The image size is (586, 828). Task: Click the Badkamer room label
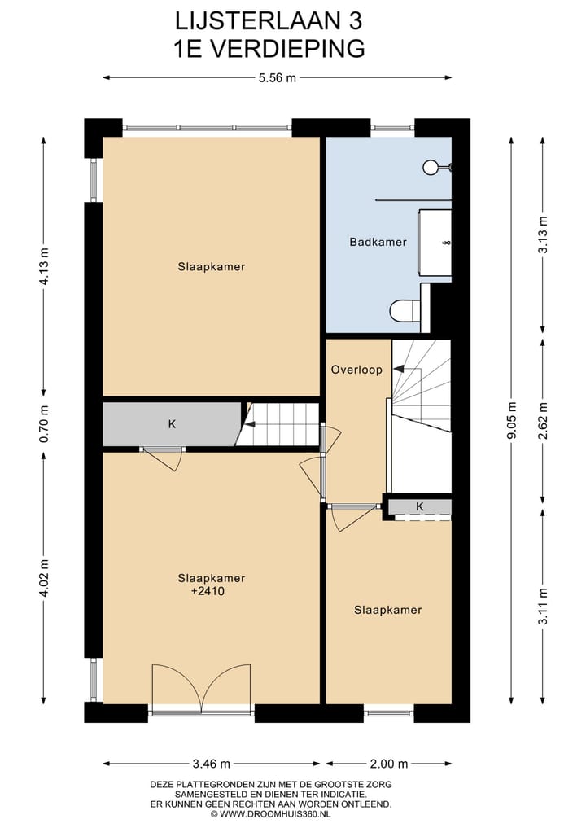tap(378, 242)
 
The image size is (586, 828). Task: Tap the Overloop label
tap(356, 370)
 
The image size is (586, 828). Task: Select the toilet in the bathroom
tap(404, 310)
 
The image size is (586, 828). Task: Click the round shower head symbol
tap(431, 167)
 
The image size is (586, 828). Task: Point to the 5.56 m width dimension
tap(277, 78)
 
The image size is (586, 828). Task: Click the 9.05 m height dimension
tap(511, 420)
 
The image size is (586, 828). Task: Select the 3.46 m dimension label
tap(212, 764)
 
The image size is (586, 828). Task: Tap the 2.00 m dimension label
tap(388, 764)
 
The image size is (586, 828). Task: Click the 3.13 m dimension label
tap(543, 236)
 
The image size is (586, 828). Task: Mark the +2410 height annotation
tap(211, 593)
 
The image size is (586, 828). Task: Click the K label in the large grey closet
tap(172, 423)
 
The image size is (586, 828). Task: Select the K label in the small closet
tap(420, 506)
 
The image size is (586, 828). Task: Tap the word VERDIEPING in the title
tap(289, 48)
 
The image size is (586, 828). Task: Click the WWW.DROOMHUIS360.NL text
tap(275, 813)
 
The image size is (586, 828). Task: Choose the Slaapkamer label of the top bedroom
tap(212, 266)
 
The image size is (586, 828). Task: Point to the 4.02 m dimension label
tap(44, 576)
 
